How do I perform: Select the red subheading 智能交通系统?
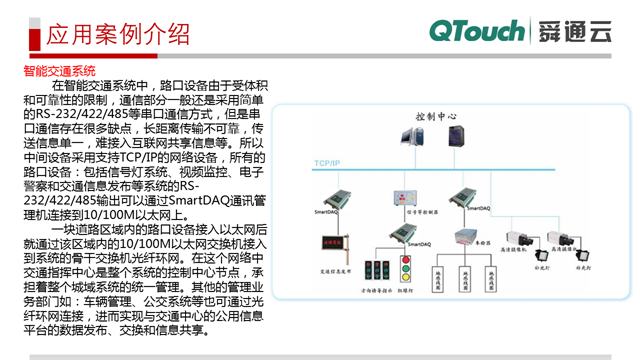point(59,72)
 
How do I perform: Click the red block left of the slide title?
point(21,35)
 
